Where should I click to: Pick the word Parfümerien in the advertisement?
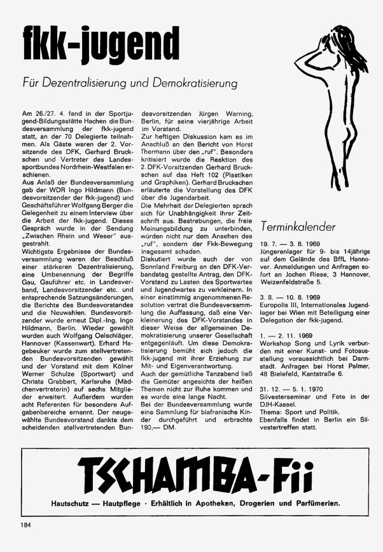pos(315,504)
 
